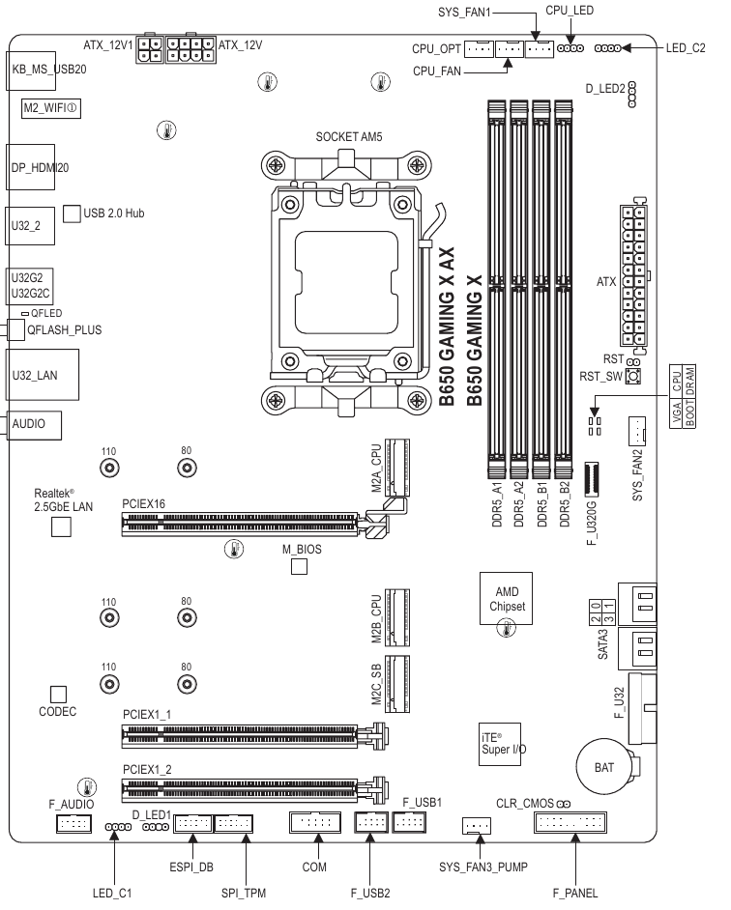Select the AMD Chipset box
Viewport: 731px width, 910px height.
[x=507, y=599]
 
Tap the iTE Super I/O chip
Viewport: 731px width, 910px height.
[x=502, y=741]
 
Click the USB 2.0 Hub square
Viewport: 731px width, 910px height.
[x=71, y=213]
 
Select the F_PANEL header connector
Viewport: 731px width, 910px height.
[x=570, y=824]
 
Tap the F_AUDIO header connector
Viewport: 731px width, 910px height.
[x=73, y=824]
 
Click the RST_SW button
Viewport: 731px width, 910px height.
[x=634, y=377]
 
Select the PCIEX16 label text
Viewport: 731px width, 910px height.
[x=144, y=504]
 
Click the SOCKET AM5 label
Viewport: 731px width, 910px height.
[x=349, y=137]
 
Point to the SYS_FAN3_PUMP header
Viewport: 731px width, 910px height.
[x=476, y=826]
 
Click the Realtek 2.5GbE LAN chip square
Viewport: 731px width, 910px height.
[x=62, y=526]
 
